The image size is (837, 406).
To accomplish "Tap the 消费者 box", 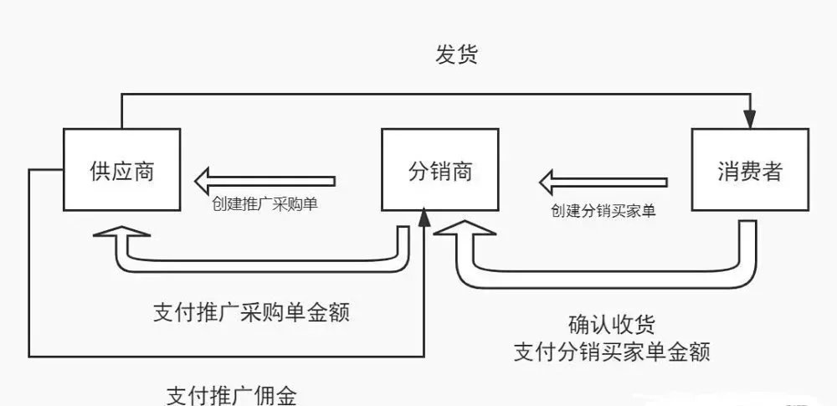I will pos(749,169).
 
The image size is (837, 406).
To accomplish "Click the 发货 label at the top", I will pos(456,55).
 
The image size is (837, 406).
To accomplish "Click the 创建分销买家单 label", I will pos(603,210).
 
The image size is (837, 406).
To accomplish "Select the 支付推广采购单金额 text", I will pos(251,312).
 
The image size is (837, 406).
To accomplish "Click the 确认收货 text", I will pos(611,325).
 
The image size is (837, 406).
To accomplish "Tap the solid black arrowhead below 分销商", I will pos(424,220).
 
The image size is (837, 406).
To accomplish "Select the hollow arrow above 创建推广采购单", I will pos(264,179).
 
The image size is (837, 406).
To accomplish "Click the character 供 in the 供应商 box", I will pos(100,171).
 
